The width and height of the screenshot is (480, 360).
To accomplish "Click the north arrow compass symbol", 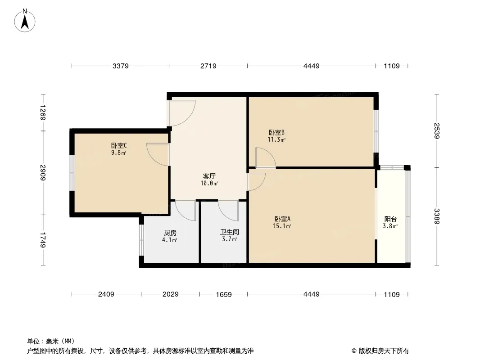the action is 25,20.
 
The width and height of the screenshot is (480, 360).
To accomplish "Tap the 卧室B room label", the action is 276,132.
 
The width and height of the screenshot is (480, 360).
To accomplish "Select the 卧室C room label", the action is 119,146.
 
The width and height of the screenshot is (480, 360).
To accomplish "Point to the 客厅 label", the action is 209,176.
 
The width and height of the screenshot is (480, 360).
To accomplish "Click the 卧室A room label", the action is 282,219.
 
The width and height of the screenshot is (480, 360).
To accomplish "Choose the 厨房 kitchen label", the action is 170,233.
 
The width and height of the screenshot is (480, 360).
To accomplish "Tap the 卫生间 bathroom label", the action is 229,232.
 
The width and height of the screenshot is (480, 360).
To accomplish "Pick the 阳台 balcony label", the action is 390,219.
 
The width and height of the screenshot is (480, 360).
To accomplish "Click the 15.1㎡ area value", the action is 282,226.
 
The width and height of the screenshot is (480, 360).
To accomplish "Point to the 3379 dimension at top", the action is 121,66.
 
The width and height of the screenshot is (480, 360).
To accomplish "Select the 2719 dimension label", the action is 208,66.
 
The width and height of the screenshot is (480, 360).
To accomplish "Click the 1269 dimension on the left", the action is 42,112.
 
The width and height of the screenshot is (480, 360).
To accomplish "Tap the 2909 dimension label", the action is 42,172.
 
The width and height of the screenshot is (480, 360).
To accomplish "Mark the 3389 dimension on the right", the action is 437,216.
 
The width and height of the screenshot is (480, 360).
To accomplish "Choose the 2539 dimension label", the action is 437,130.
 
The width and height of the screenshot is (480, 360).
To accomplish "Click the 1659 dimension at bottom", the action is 224,294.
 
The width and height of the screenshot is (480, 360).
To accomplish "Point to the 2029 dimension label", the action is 171,294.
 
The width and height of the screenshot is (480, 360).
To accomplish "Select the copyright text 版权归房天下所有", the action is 384,351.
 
